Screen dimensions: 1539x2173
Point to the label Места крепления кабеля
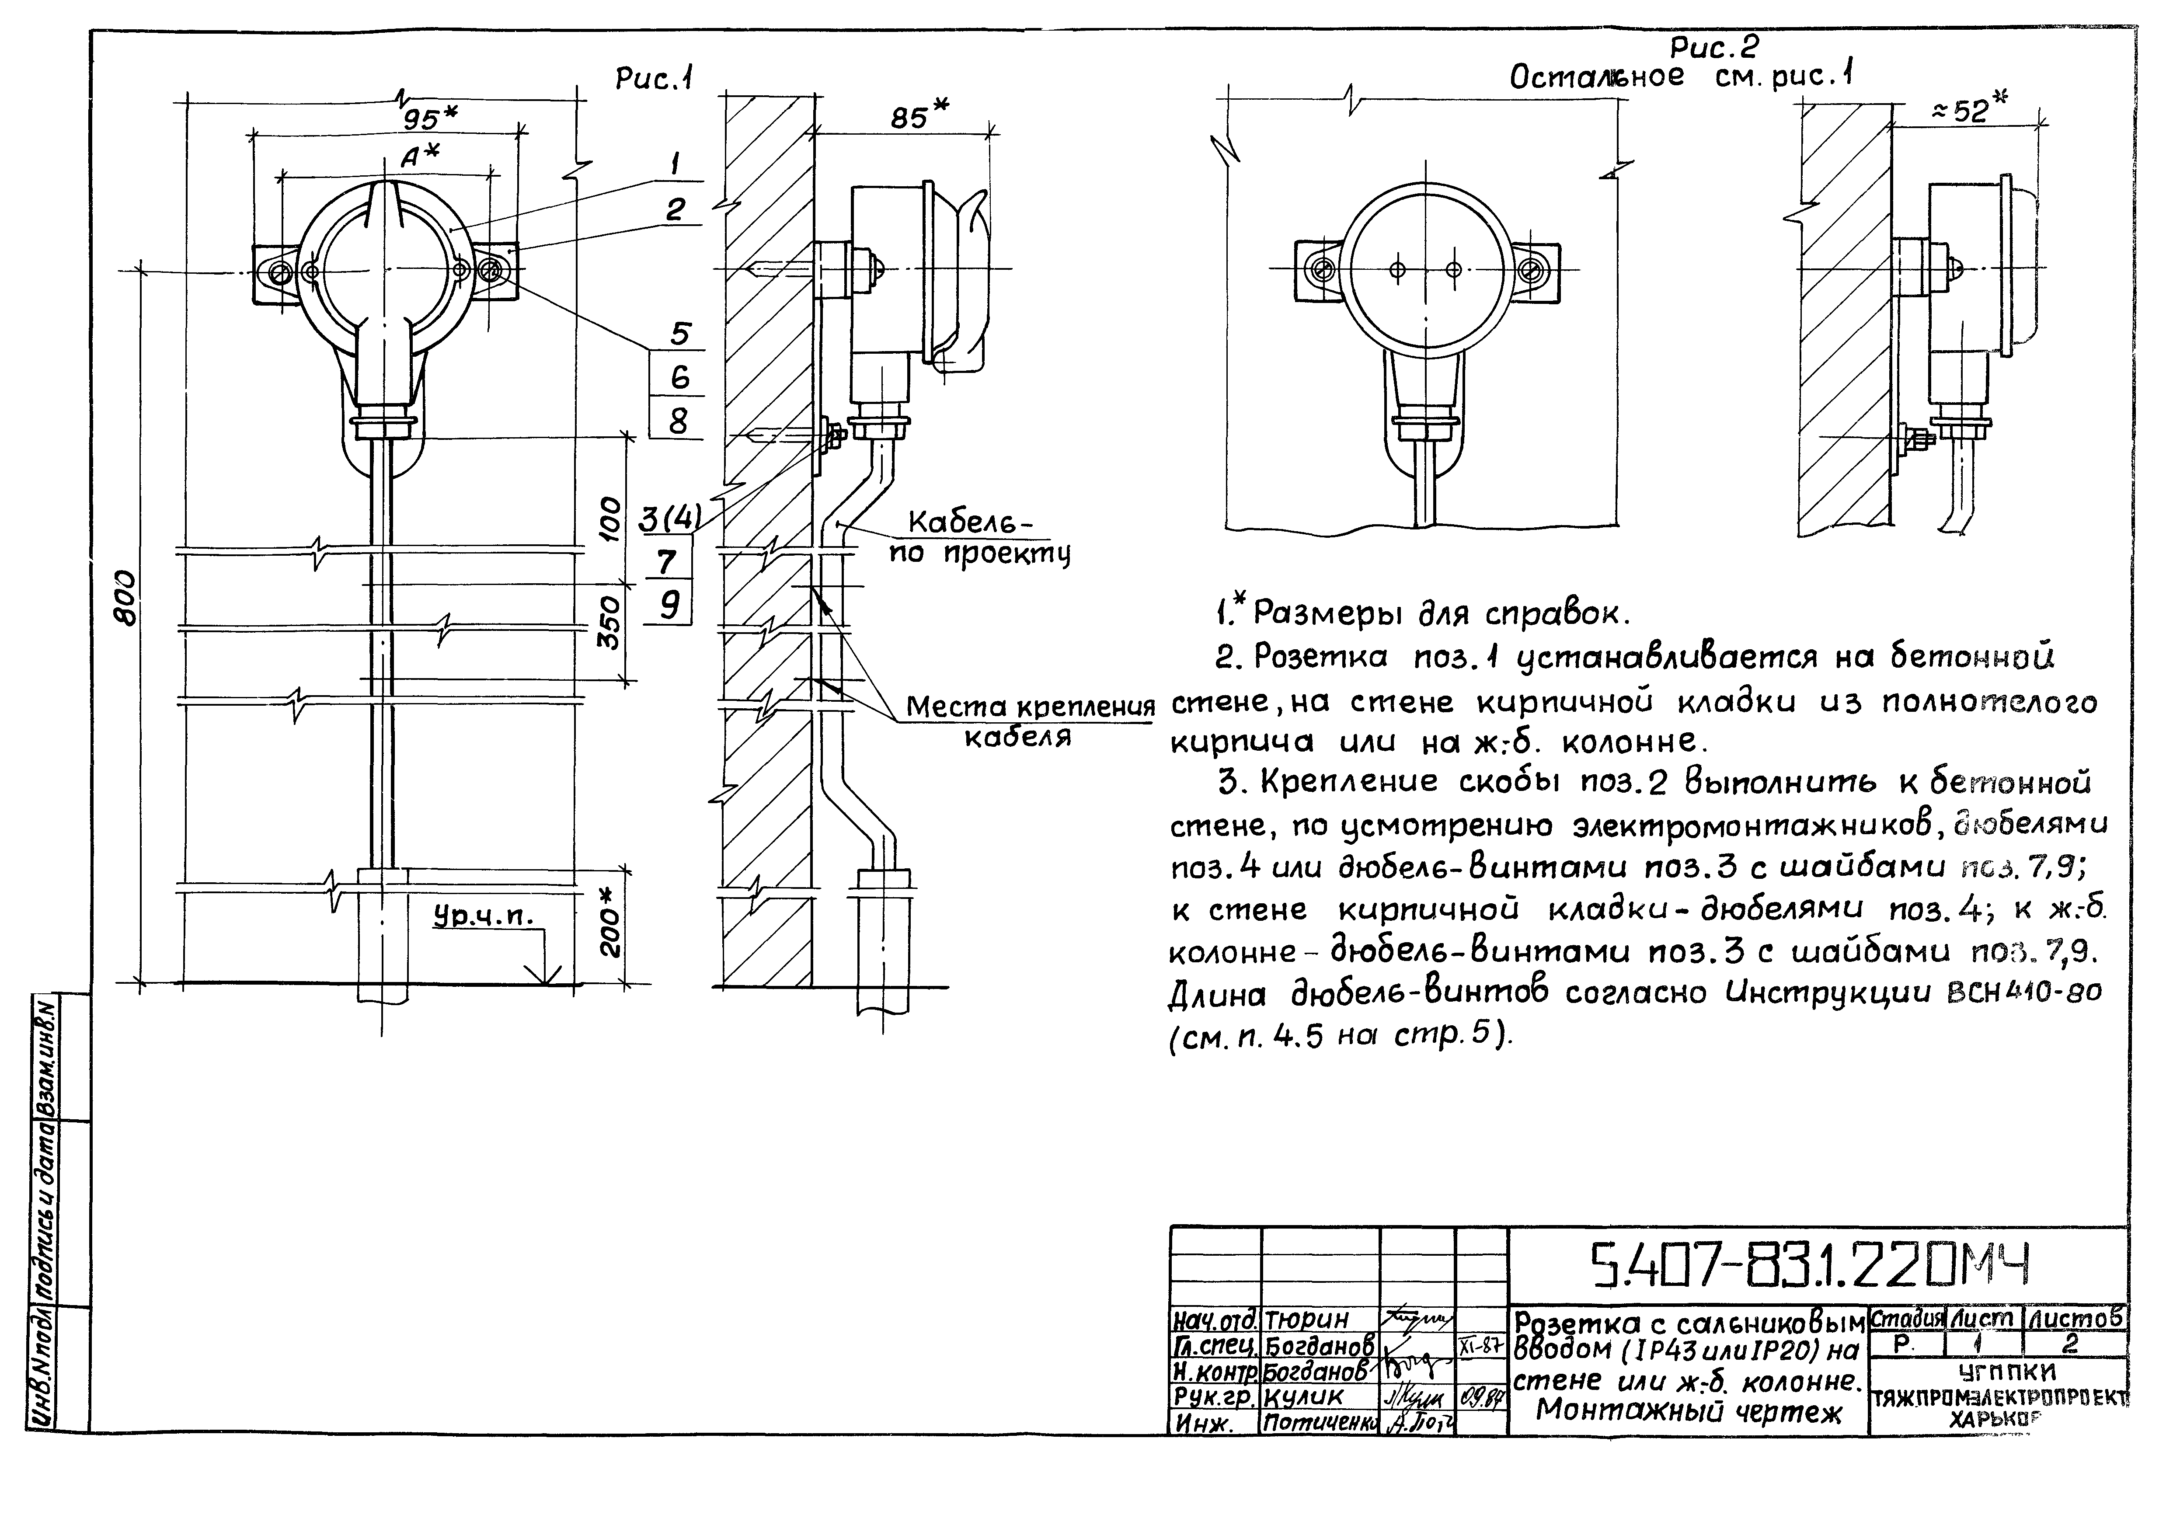(1028, 720)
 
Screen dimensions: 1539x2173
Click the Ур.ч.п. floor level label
(483, 916)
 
